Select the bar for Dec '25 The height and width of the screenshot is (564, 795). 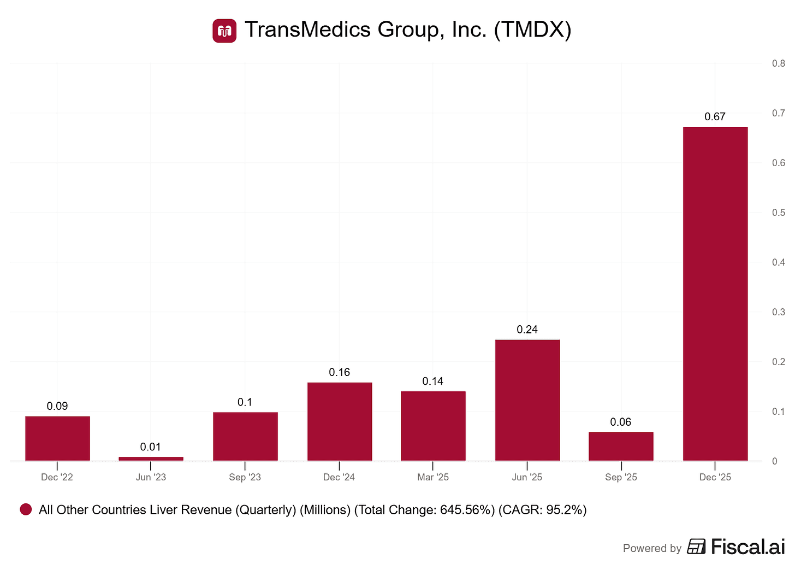[x=715, y=293]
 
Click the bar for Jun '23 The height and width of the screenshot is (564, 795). [x=151, y=459]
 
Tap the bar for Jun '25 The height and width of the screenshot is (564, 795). [x=527, y=400]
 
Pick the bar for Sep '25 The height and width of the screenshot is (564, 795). [x=621, y=446]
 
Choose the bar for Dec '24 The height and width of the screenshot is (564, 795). [x=339, y=421]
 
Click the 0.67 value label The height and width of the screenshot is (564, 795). [x=715, y=116]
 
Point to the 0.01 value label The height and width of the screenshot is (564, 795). [x=151, y=447]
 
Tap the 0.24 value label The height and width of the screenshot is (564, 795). [x=527, y=330]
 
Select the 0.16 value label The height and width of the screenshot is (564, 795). [x=339, y=372]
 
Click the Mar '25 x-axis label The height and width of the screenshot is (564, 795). [x=433, y=477]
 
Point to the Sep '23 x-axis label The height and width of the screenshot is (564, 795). [x=245, y=477]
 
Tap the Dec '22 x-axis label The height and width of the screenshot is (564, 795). [x=57, y=477]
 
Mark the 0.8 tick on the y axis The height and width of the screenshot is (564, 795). [x=778, y=63]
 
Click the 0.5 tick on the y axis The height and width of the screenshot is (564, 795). [x=778, y=213]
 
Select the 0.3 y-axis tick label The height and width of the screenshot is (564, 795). [x=778, y=312]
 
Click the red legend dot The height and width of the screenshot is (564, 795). [x=26, y=510]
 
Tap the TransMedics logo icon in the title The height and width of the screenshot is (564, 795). [x=224, y=31]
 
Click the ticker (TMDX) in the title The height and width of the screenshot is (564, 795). [x=532, y=30]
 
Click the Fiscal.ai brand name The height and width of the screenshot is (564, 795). [x=747, y=547]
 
